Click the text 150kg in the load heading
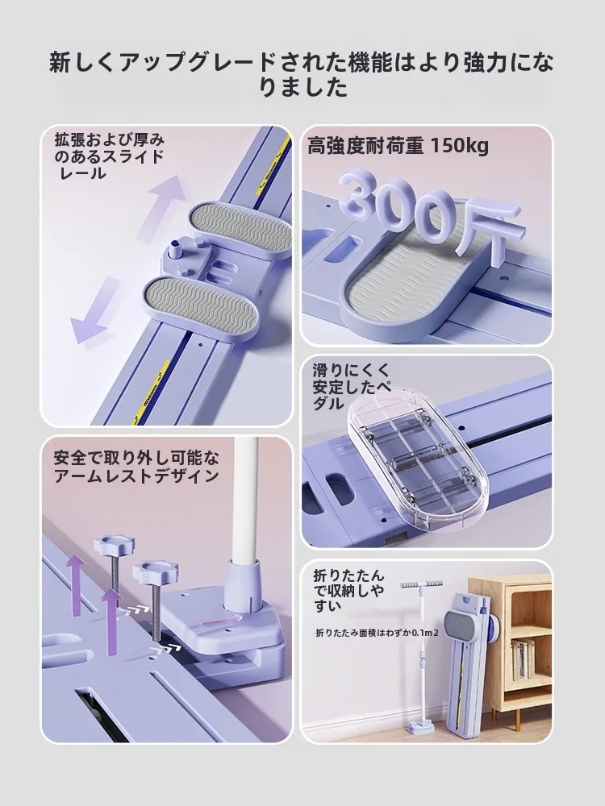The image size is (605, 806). [459, 147]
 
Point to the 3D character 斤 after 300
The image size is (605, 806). [489, 231]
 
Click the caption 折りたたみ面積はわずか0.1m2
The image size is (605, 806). [377, 633]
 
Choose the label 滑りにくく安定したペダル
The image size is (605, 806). [352, 387]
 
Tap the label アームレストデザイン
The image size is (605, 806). [136, 476]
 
